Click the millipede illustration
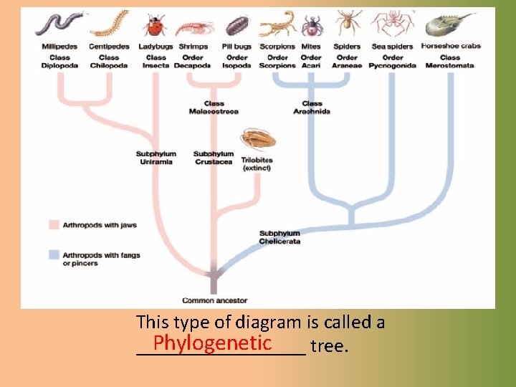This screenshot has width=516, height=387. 59,24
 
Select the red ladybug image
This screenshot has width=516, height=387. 154,26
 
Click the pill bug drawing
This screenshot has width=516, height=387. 236,26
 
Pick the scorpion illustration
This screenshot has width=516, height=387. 278,24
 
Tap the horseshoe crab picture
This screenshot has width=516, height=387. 449,24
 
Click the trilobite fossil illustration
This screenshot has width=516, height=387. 254,138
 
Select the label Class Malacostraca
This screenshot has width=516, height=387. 214,107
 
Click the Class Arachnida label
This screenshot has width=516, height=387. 312,107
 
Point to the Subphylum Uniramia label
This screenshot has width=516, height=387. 156,158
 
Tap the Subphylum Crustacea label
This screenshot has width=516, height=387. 214,158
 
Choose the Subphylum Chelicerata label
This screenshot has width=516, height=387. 279,237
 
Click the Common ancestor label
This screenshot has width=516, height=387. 214,301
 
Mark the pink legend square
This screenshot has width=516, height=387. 54,225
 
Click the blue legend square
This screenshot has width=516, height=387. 54,254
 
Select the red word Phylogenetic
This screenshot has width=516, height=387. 211,343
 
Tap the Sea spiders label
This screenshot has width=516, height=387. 392,47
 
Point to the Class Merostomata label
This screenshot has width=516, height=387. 450,62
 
